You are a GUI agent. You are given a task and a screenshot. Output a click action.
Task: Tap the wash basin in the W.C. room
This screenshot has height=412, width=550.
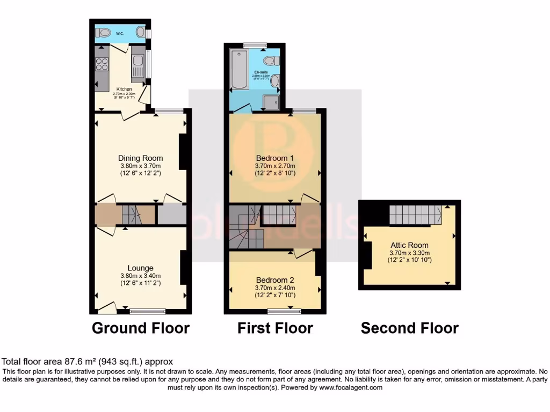[x=141, y=32]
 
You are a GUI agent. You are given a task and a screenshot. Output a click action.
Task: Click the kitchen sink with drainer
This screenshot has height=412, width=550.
[x=137, y=66]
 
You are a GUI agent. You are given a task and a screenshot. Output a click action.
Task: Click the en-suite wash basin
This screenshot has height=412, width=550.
[x=274, y=81]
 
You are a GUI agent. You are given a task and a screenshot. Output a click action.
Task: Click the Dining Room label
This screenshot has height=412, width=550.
[x=141, y=158]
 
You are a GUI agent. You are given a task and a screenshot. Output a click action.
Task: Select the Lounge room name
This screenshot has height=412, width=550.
[x=141, y=268]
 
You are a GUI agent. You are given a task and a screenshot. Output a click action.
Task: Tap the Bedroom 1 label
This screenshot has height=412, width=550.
[x=275, y=158]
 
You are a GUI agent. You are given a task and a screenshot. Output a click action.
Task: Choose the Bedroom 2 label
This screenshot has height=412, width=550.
[x=275, y=280]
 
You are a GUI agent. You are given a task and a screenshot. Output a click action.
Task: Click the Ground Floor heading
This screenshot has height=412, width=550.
[x=141, y=328]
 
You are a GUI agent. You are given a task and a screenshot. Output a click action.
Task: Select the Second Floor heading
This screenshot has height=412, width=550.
[x=409, y=328]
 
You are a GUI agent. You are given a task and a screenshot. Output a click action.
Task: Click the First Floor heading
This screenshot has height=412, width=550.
[x=275, y=328]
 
